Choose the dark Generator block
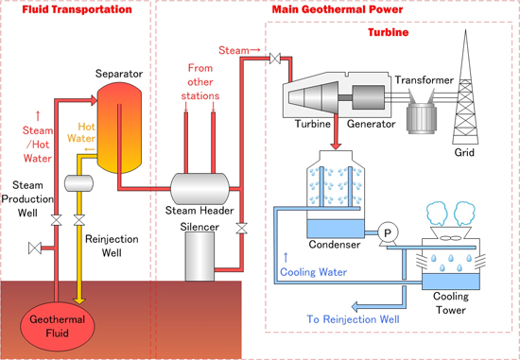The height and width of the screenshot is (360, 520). pyautogui.click(x=369, y=95)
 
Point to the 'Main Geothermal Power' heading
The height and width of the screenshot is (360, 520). pyautogui.click(x=335, y=9)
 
